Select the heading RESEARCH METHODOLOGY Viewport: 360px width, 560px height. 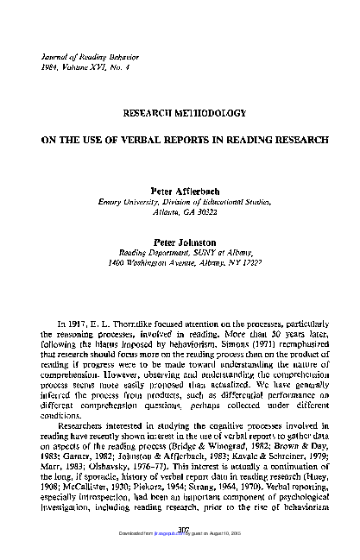pyautogui.click(x=180, y=113)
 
